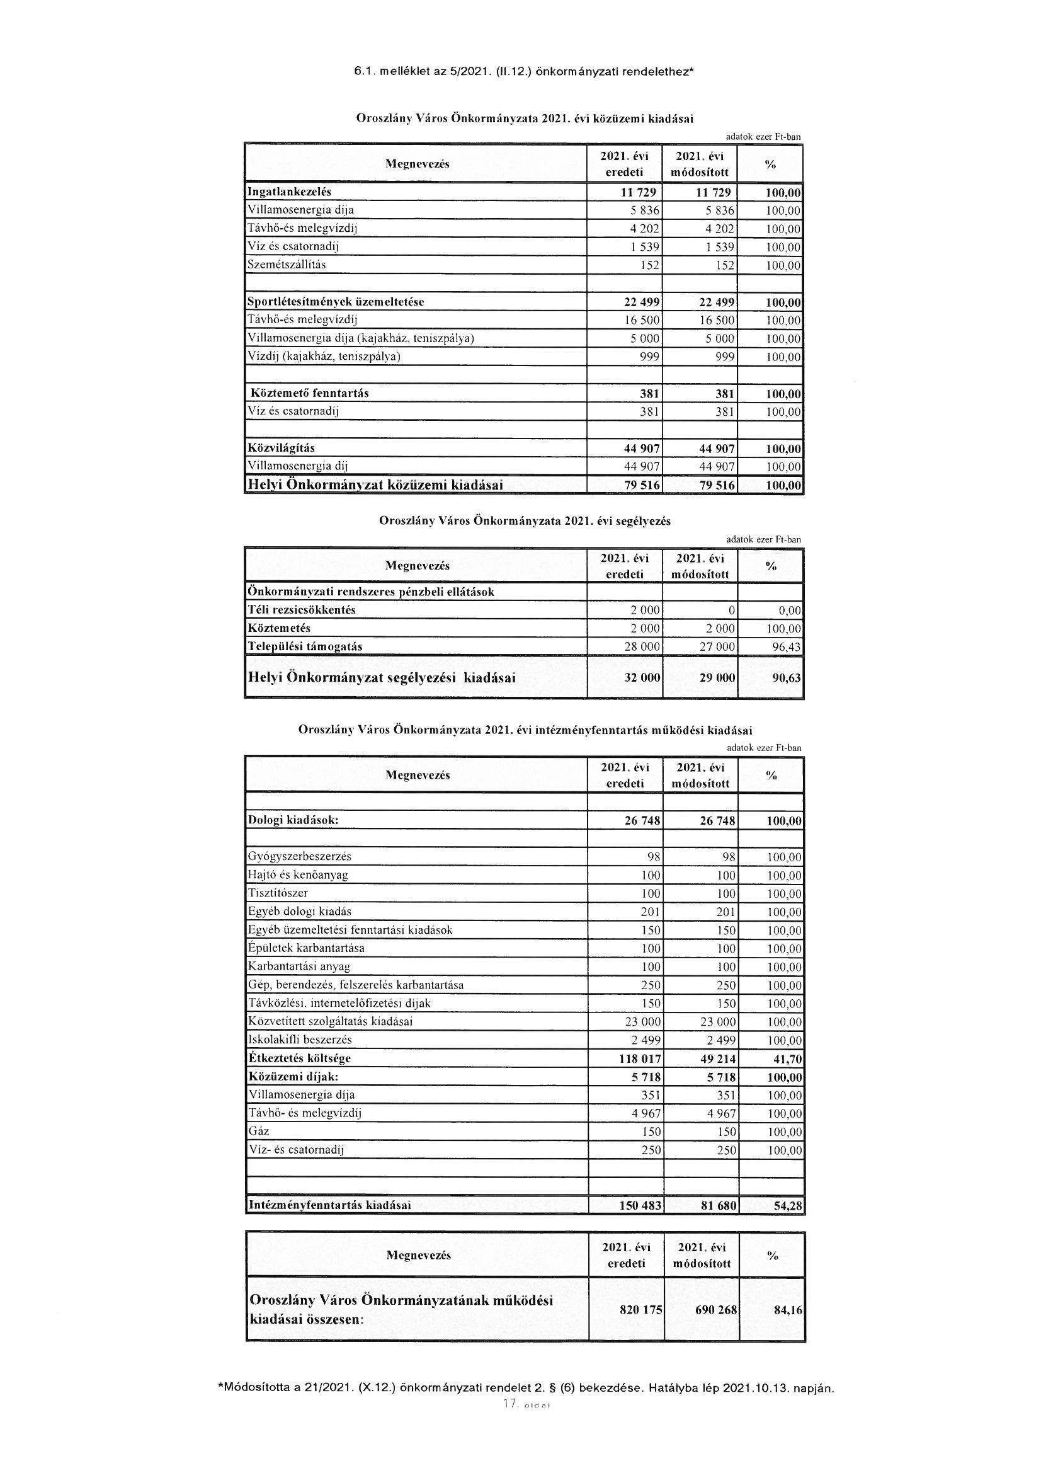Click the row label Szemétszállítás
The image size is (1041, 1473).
tap(287, 265)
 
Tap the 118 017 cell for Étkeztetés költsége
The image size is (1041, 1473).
tap(637, 1058)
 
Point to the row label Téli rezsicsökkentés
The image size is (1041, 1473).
tap(302, 609)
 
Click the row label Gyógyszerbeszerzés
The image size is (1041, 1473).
tap(300, 856)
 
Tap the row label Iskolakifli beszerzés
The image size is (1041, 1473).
tap(300, 1040)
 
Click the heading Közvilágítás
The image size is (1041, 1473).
tap(281, 448)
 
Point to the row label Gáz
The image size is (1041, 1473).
tap(258, 1131)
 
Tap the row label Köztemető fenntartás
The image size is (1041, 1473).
tap(309, 393)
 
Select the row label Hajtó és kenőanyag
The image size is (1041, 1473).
tap(298, 874)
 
